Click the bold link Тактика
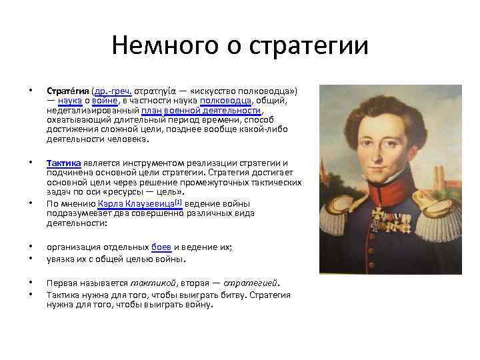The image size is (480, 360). (64, 163)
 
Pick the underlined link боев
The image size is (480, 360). (161, 247)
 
